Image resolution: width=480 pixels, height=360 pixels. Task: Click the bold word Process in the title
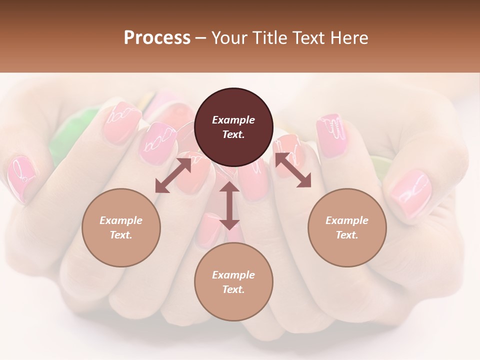[157, 38]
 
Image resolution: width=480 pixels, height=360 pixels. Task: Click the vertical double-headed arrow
[229, 205]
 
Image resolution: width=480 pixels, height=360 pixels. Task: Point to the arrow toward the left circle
[173, 175]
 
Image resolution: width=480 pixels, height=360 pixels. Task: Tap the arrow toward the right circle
[293, 170]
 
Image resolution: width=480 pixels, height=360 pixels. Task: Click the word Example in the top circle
[233, 120]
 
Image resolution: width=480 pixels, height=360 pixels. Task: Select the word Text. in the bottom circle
[233, 289]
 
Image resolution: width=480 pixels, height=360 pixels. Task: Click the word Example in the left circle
[121, 220]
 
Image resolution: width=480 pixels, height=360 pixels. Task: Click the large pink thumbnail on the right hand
[410, 192]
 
